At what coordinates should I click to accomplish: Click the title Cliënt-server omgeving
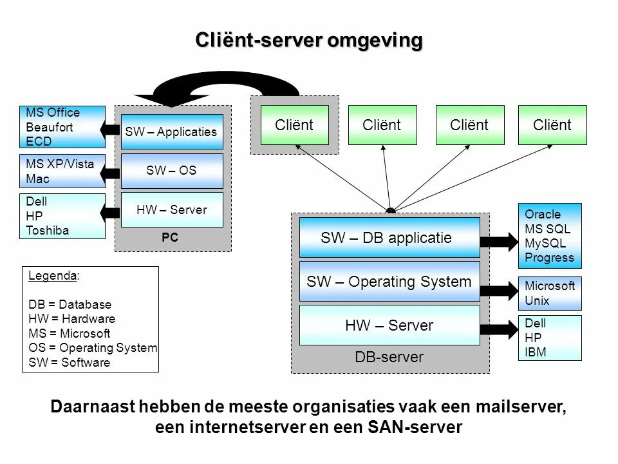click(x=309, y=41)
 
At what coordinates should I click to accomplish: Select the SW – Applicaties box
click(x=171, y=131)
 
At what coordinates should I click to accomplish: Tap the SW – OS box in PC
click(x=171, y=171)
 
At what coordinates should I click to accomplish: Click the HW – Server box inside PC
click(x=171, y=209)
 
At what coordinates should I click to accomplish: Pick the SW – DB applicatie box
click(x=389, y=238)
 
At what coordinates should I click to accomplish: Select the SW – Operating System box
click(x=389, y=282)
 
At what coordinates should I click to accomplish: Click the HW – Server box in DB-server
click(x=389, y=325)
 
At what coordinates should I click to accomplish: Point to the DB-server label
click(x=389, y=357)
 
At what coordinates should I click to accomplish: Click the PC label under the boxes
click(x=170, y=237)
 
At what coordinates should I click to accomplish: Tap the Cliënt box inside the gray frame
click(x=294, y=125)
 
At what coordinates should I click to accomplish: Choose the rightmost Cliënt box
click(x=552, y=125)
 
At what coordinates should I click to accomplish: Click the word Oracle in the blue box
click(x=543, y=214)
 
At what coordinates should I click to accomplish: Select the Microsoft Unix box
click(x=550, y=294)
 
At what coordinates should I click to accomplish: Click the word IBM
click(x=535, y=352)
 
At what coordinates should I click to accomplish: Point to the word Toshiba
click(x=47, y=230)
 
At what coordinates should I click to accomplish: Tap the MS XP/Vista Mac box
click(x=62, y=171)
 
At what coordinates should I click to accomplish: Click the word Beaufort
click(x=49, y=128)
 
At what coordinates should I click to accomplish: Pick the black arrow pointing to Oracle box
click(x=499, y=242)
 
